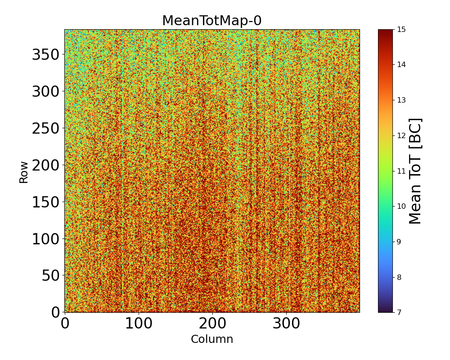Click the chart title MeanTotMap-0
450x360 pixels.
tap(211, 21)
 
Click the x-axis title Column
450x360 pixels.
tap(212, 339)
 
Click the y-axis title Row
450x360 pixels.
tap(23, 172)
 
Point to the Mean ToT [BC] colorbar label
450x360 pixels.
tap(415, 171)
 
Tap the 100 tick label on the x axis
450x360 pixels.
tap(139, 324)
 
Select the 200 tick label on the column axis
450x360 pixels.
tap(212, 324)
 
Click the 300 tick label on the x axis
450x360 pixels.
tap(286, 324)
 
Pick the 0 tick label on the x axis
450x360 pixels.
tap(65, 324)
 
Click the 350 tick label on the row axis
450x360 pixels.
tap(46, 55)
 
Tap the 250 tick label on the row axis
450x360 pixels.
tap(46, 129)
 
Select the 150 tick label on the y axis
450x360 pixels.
tap(46, 202)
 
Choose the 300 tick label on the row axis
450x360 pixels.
tap(46, 92)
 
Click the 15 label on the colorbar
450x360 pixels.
tap(401, 30)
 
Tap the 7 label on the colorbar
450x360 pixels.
tap(399, 312)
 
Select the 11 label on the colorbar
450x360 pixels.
tap(401, 171)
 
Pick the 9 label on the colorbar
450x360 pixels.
tap(399, 242)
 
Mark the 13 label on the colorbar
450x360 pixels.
tap(401, 100)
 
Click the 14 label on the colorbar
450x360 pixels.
tap(401, 65)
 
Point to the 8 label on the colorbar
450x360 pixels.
tap(399, 277)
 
